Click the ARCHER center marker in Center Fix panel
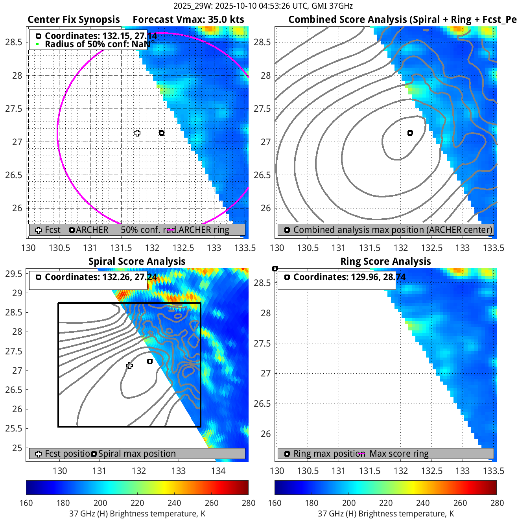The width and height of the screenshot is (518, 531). point(162,133)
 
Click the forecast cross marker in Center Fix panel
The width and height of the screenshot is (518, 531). point(137,133)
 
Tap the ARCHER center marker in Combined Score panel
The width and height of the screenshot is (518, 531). point(410,133)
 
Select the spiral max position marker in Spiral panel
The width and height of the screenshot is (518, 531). point(150,361)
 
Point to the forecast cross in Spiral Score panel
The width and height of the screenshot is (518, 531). point(129,366)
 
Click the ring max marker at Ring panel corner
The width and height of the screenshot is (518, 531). point(275,269)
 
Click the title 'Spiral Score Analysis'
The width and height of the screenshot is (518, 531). point(137,262)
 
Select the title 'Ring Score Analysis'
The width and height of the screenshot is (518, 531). point(385,262)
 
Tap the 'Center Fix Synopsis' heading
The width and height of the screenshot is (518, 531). point(74,20)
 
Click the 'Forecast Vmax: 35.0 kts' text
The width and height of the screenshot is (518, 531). point(188,20)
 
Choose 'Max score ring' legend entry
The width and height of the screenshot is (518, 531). point(399,454)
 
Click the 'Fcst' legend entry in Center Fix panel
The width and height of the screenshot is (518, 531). point(52,230)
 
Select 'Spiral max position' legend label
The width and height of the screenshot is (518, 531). point(137,454)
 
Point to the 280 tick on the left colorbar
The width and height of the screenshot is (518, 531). point(249,503)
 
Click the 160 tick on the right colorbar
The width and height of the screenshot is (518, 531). point(275,503)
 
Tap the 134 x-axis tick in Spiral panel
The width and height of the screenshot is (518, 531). point(218,471)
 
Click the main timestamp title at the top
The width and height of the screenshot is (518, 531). point(263,6)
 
